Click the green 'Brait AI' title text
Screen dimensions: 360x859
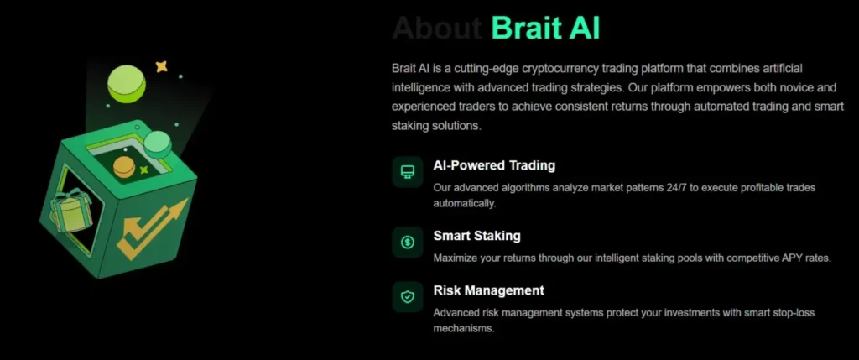pos(545,28)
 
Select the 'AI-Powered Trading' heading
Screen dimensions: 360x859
pos(494,165)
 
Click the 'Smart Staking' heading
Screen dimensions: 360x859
pos(476,236)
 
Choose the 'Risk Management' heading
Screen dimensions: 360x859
pos(488,290)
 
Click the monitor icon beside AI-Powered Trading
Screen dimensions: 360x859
pos(408,172)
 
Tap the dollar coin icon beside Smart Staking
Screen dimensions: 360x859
pos(408,243)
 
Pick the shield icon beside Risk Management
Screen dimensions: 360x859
pos(408,296)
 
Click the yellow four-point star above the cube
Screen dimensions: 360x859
pos(162,65)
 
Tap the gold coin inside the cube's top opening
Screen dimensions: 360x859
pos(124,165)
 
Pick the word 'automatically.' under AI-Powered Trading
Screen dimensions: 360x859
pos(465,203)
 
